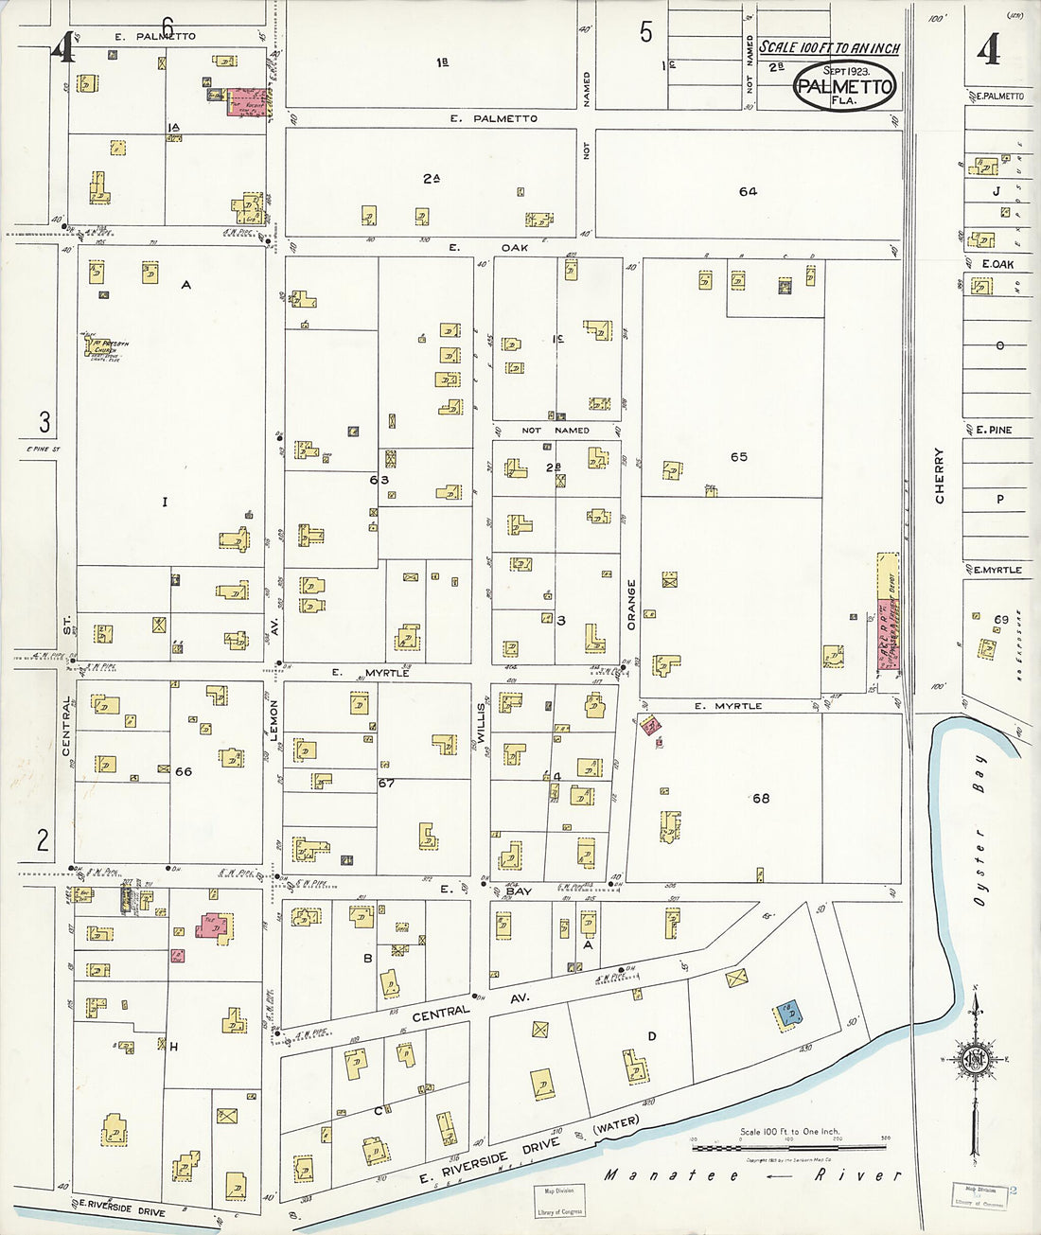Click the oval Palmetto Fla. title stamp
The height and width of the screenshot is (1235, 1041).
(844, 85)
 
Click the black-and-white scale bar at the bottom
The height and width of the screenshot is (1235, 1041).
(789, 1149)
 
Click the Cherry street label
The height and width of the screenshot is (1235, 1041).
(940, 474)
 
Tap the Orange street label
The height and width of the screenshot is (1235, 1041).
(631, 603)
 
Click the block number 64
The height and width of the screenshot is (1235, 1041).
(748, 191)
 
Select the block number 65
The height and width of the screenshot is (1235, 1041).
(738, 457)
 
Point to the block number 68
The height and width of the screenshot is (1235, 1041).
(760, 798)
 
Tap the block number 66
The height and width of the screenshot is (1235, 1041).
(183, 771)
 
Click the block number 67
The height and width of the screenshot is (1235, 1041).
(385, 783)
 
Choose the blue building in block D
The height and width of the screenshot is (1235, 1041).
(788, 1014)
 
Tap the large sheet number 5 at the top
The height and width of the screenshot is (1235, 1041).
(645, 33)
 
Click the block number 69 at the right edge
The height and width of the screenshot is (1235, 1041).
(1000, 619)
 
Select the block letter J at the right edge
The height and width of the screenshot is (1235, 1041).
(996, 191)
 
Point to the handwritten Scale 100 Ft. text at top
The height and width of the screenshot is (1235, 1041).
(829, 47)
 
